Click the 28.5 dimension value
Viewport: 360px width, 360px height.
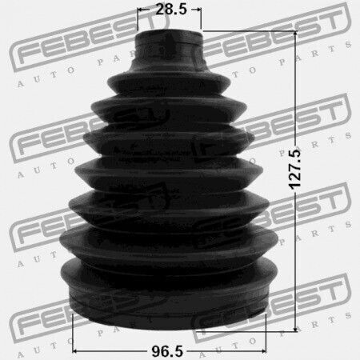pos(171,10)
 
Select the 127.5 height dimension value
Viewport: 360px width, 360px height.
pos(295,170)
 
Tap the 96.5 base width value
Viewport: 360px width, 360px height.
pos(167,351)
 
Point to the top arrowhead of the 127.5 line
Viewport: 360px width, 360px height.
pos(295,34)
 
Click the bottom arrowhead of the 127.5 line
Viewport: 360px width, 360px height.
pos(295,329)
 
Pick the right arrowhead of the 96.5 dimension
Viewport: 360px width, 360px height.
pos(263,351)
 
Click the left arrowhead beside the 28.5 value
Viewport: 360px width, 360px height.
pos(140,10)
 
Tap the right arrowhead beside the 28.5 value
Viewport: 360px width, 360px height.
pos(198,10)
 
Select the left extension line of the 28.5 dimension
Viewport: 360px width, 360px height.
pos(138,19)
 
